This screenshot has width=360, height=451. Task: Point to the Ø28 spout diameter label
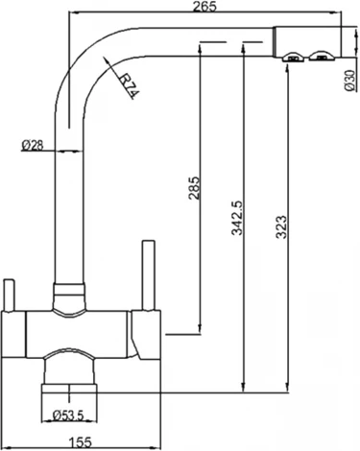coord(33,145)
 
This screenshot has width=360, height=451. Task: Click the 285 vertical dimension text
coord(193,189)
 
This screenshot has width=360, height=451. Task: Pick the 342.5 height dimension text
coord(237,222)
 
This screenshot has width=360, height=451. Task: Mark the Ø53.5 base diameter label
coord(70,415)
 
